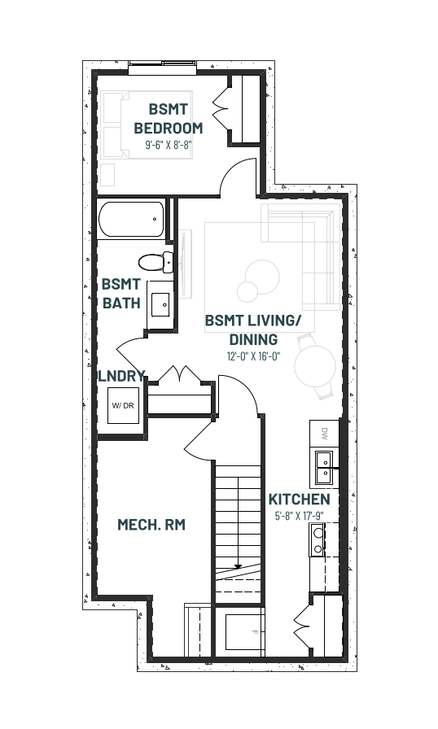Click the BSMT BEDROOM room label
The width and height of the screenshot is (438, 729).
click(x=169, y=118)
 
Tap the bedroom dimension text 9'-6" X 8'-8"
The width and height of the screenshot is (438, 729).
click(x=169, y=145)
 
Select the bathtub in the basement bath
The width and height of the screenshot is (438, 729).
click(x=132, y=219)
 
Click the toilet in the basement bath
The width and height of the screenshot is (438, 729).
click(x=155, y=262)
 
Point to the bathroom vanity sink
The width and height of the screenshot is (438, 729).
click(x=160, y=304)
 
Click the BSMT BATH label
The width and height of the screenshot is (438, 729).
click(x=121, y=294)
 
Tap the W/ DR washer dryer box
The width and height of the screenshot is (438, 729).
click(x=123, y=405)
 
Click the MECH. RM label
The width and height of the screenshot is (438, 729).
click(x=151, y=525)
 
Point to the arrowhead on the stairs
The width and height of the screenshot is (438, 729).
click(x=238, y=566)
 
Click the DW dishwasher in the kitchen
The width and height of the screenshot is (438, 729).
click(x=324, y=434)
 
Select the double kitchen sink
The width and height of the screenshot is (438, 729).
click(x=324, y=468)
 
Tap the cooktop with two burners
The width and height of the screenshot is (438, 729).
click(x=318, y=539)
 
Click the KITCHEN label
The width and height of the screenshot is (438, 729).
click(x=300, y=500)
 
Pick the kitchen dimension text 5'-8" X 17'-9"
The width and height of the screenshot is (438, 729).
click(x=300, y=516)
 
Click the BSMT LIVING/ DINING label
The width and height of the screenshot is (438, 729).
click(x=253, y=330)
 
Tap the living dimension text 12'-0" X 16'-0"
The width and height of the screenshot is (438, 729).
click(x=253, y=356)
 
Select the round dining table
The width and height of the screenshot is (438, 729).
click(x=315, y=366)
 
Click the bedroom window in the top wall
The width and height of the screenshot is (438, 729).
click(x=162, y=68)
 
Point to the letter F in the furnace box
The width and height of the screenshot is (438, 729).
click(x=254, y=632)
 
